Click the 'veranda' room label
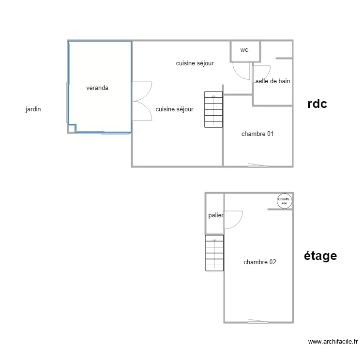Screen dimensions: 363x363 coord(97,88)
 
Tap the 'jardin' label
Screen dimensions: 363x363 coord(33,109)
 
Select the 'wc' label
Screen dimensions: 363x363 coord(244,50)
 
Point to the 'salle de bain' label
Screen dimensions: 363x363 coord(273,81)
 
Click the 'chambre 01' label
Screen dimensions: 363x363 coord(257,134)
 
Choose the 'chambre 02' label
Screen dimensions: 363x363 coord(260,262)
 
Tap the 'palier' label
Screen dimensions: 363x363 coord(215,215)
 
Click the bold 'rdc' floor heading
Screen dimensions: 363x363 coord(318,104)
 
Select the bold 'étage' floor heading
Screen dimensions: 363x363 coord(320,256)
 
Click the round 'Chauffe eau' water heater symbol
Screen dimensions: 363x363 coord(284,201)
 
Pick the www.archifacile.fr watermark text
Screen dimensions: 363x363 coord(333,342)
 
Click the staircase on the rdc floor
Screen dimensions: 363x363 coord(213,109)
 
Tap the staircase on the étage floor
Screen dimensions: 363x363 coord(214,253)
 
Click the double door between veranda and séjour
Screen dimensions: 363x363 coord(141,101)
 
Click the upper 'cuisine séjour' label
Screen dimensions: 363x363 coord(195,63)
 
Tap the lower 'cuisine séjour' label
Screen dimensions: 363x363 coord(174,109)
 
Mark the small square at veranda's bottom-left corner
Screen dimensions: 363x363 coord(72,128)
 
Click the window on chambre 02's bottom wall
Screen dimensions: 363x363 coord(258,321)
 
